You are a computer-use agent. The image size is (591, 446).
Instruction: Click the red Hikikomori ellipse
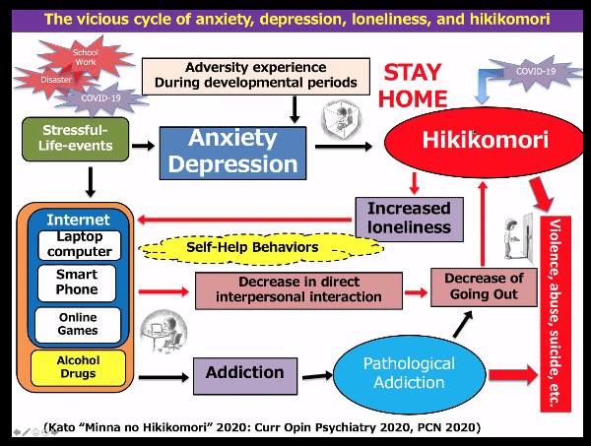tap(471, 141)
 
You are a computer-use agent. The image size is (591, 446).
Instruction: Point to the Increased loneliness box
tap(408, 219)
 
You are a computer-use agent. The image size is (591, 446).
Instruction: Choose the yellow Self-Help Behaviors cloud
tap(252, 246)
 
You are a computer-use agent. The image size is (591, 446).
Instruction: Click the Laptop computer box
tap(79, 244)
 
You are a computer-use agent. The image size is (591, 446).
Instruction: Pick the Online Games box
tap(78, 324)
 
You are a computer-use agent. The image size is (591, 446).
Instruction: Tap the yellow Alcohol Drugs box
tap(78, 367)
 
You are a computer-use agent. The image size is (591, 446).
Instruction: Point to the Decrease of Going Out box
tap(484, 287)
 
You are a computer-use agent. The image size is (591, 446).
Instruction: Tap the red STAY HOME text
tap(415, 86)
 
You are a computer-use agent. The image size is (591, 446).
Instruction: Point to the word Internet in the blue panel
tap(78, 220)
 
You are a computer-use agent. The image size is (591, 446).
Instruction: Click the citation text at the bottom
tap(262, 426)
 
